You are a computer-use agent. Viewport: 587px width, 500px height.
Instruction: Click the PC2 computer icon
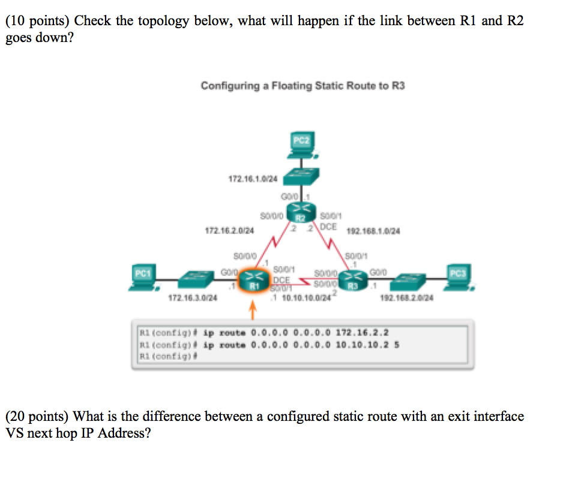[301, 146]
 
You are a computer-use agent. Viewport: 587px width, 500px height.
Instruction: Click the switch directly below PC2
[302, 176]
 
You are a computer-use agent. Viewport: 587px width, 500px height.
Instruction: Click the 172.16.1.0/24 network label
[253, 179]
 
